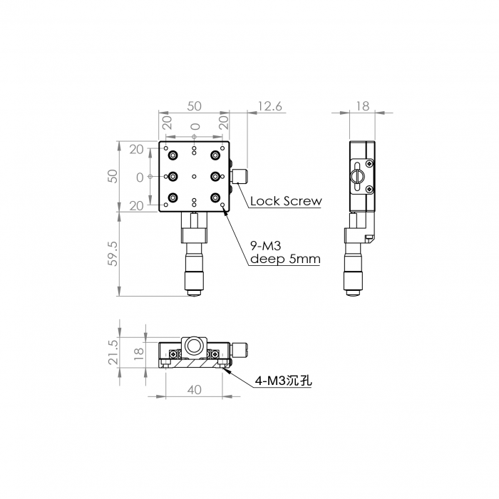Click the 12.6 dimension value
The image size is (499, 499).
click(x=270, y=106)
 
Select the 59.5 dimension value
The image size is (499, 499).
click(x=113, y=254)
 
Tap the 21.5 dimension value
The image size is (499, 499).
click(x=113, y=352)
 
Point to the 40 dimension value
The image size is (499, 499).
click(x=194, y=389)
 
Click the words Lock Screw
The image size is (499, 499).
click(x=286, y=201)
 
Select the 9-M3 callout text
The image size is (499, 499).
click(x=266, y=246)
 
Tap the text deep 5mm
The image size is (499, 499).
click(x=285, y=259)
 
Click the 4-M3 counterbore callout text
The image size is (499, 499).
click(x=283, y=380)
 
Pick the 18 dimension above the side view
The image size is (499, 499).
click(x=362, y=106)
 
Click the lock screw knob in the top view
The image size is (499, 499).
click(x=241, y=177)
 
